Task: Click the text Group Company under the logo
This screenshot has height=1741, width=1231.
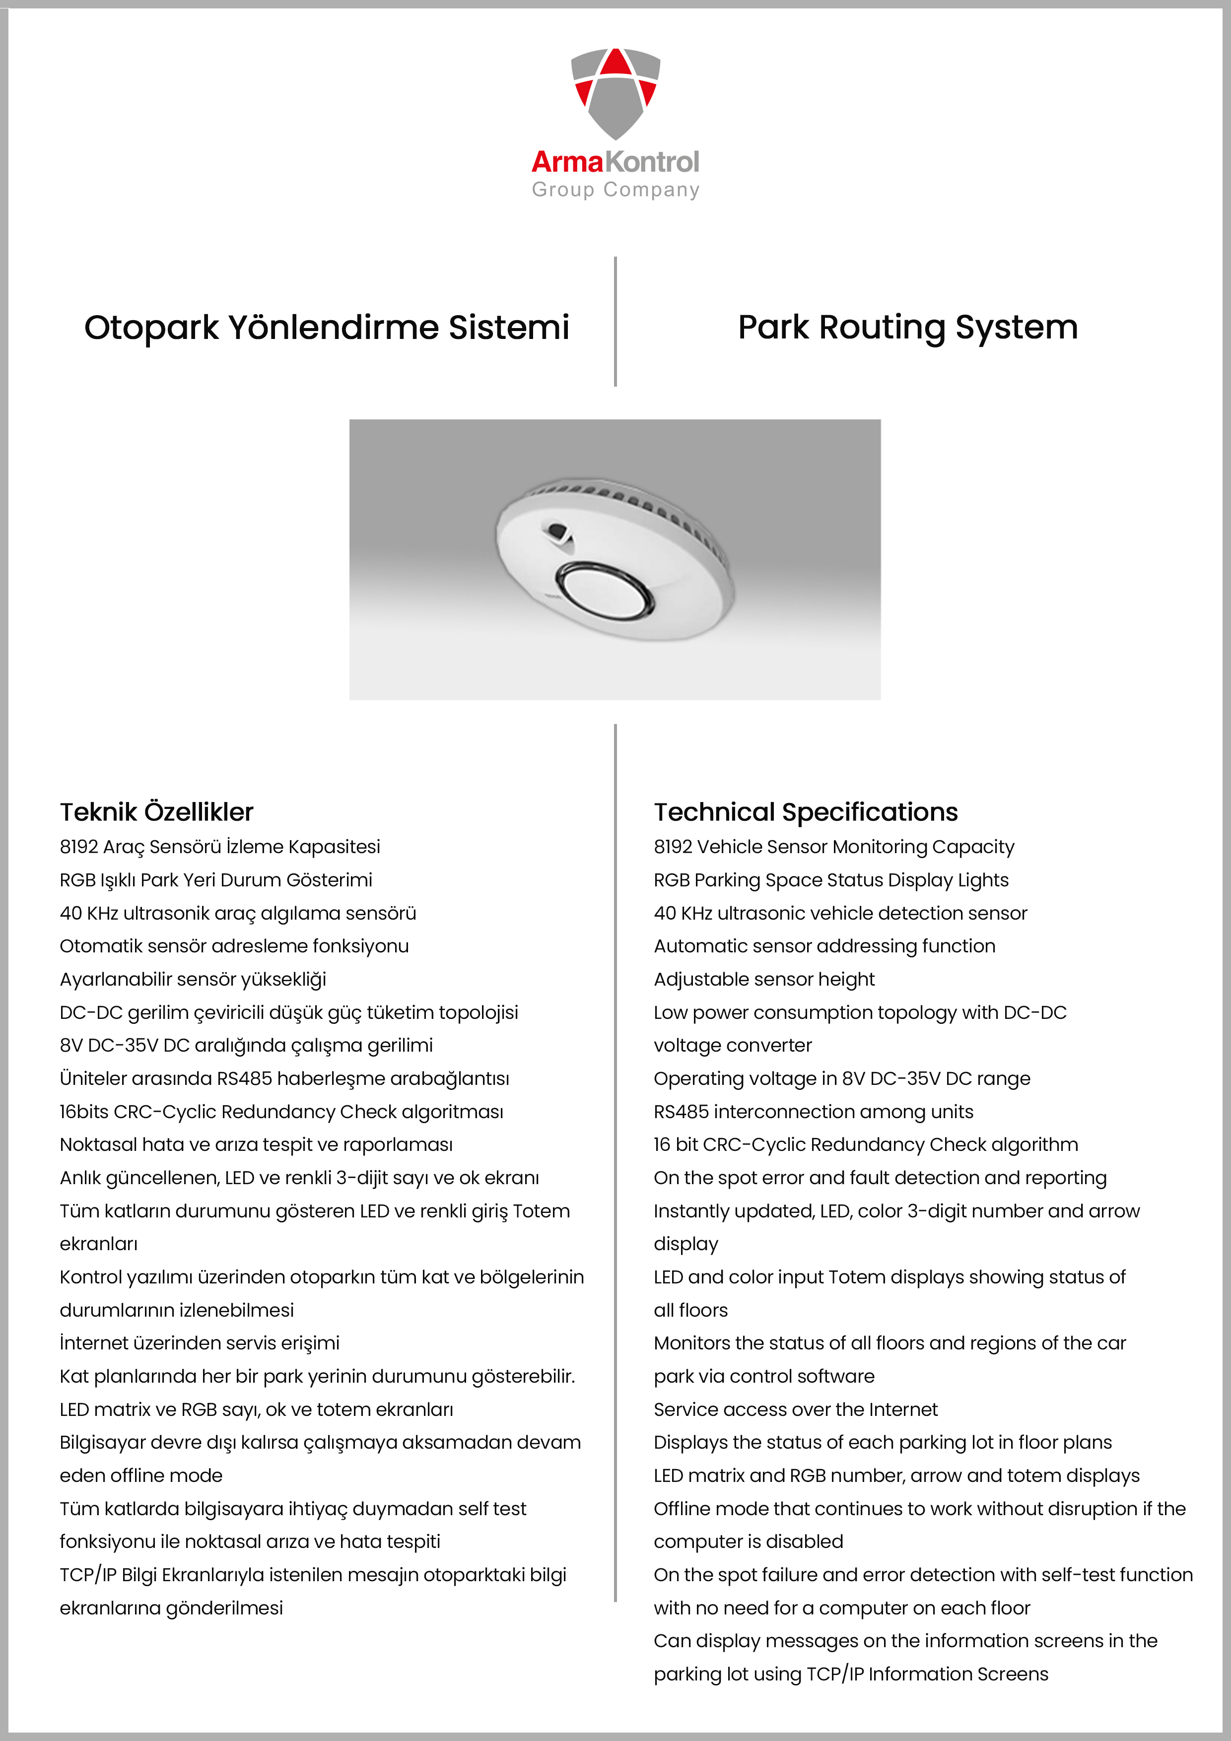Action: (615, 190)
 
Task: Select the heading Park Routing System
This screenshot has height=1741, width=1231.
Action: (907, 328)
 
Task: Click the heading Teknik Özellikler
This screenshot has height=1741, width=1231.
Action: (156, 812)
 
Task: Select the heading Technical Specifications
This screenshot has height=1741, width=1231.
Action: (806, 812)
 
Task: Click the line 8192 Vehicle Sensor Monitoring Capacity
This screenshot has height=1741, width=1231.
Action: (833, 847)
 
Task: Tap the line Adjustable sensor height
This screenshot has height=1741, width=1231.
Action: (764, 980)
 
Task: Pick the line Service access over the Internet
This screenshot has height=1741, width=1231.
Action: (796, 1409)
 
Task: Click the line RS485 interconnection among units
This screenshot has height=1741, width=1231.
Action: (813, 1112)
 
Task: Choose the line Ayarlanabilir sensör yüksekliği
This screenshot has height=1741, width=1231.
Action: (193, 980)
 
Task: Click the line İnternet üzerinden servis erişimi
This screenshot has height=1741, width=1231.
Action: (200, 1343)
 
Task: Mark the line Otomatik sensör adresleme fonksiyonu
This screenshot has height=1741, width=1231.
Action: (234, 946)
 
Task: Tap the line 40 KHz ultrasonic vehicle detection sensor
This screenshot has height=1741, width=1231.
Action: (840, 913)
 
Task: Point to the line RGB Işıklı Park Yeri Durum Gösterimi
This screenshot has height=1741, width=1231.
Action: (216, 880)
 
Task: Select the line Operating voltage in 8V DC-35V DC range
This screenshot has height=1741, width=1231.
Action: (842, 1078)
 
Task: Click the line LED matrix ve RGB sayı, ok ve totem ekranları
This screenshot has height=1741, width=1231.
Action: (256, 1409)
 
